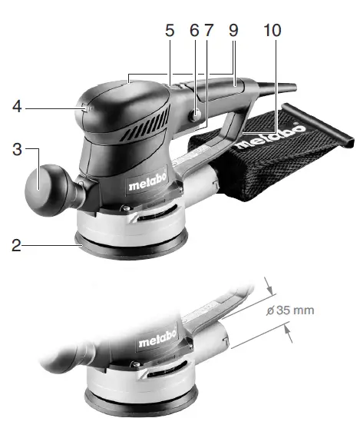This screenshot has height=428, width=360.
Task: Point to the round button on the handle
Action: (197, 116)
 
